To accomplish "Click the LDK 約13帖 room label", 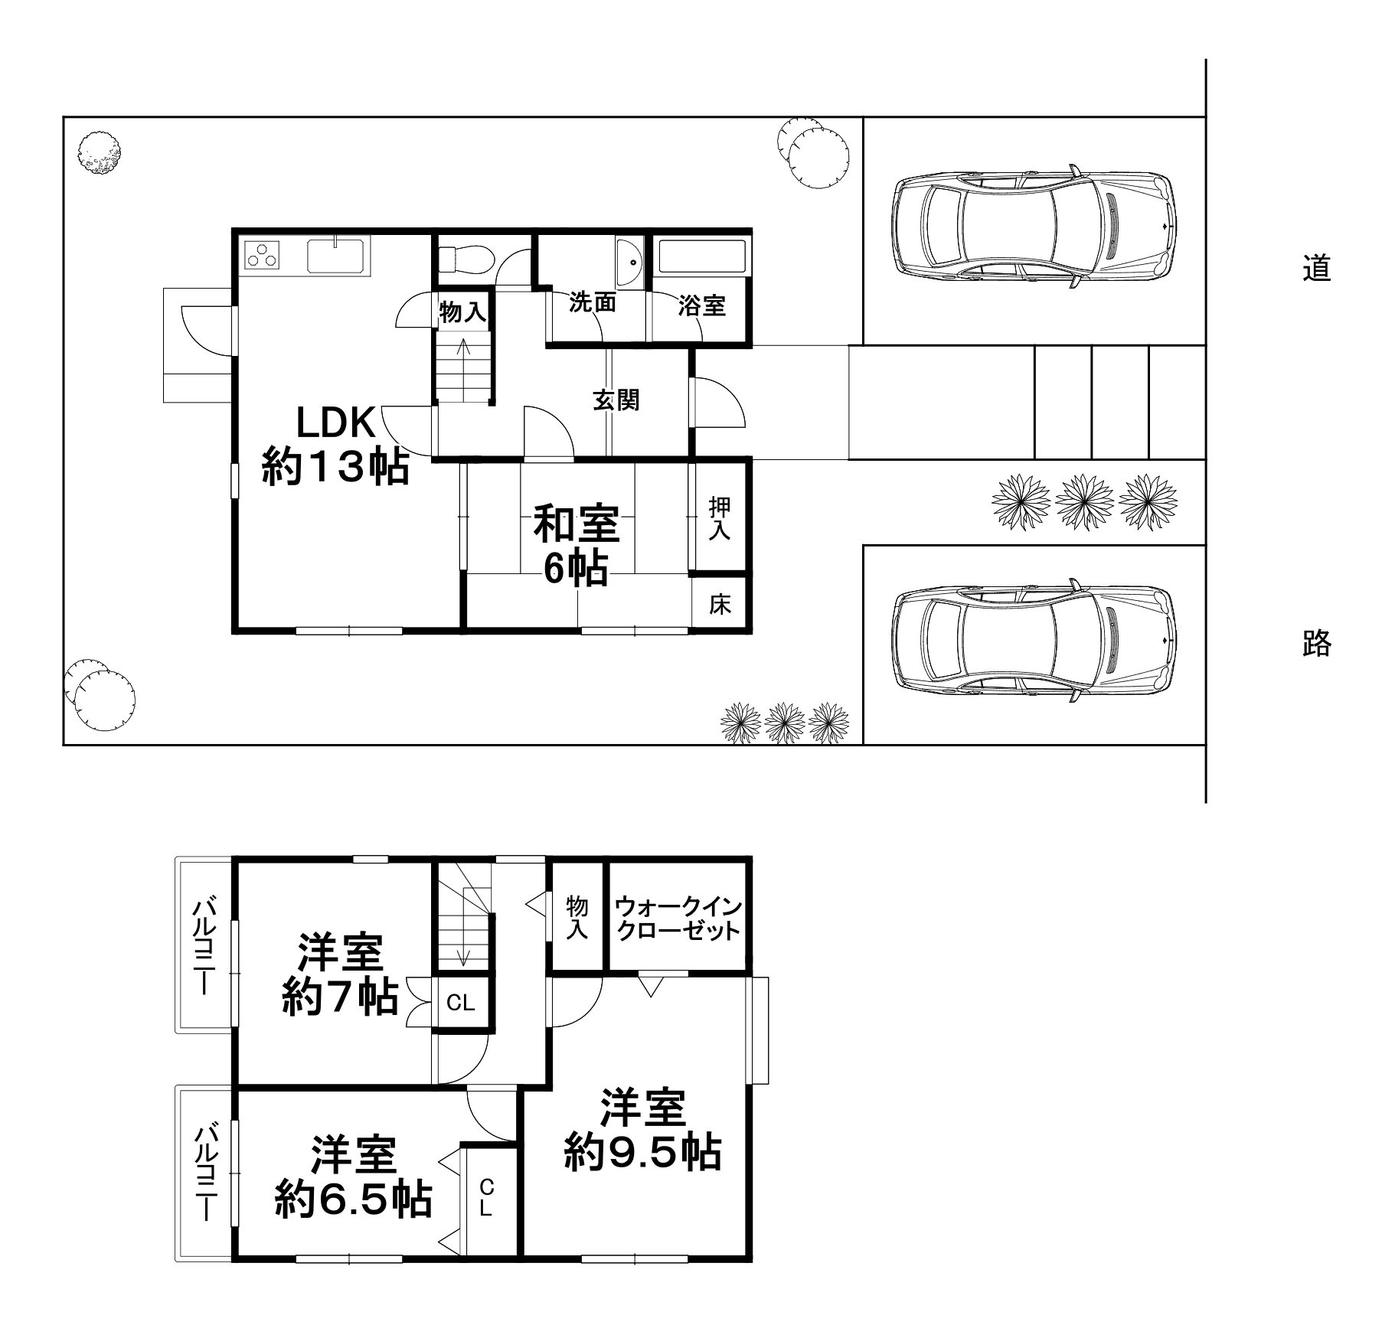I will (335, 445).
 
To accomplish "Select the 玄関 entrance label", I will (616, 400).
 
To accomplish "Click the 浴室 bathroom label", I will (701, 306).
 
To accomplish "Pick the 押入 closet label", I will (719, 519).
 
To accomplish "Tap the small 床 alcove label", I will (720, 604).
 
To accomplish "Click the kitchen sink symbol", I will (338, 255).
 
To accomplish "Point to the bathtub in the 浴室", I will (701, 256).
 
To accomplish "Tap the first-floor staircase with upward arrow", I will (463, 366).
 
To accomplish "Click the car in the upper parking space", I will (1033, 226).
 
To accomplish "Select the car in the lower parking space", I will (1033, 641).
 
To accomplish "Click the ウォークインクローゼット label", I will (678, 919).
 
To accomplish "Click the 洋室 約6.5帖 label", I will (353, 1178).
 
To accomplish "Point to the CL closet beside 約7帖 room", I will (460, 1003).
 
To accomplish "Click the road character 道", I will (1316, 269).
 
